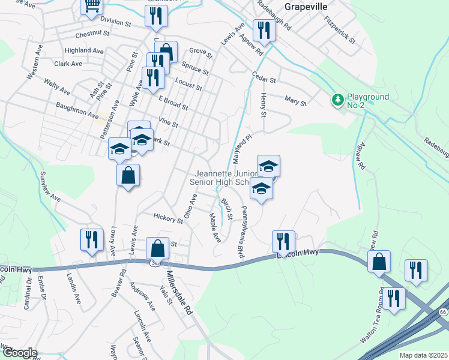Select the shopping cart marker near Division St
[91, 5]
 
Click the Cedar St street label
[264, 79]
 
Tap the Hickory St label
[167, 219]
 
